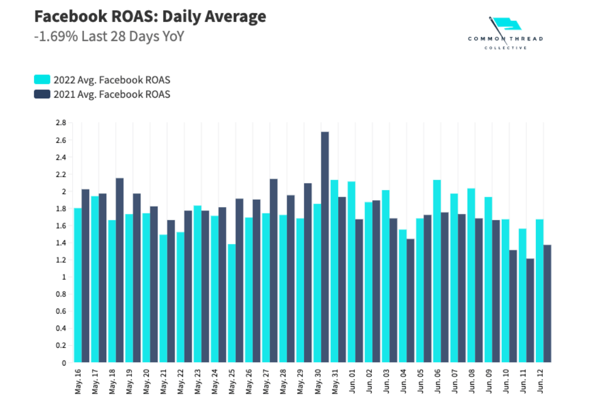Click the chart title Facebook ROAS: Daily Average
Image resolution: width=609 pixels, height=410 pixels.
(150, 17)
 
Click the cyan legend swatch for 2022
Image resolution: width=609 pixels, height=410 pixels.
(42, 80)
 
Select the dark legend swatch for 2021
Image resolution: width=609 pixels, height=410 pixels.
(42, 94)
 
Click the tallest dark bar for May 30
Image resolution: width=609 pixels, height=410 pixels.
(325, 247)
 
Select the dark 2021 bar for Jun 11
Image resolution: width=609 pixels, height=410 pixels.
(530, 311)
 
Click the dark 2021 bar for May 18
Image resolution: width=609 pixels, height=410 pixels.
(119, 270)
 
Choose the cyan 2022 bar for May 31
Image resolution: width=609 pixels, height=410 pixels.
(334, 271)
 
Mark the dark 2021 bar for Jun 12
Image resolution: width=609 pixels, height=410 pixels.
(547, 304)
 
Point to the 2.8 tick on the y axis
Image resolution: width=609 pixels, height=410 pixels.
(60, 123)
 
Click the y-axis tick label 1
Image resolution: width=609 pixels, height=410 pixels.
(64, 277)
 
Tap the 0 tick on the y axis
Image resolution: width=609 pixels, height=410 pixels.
(64, 363)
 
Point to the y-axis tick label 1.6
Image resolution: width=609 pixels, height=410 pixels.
(60, 226)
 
